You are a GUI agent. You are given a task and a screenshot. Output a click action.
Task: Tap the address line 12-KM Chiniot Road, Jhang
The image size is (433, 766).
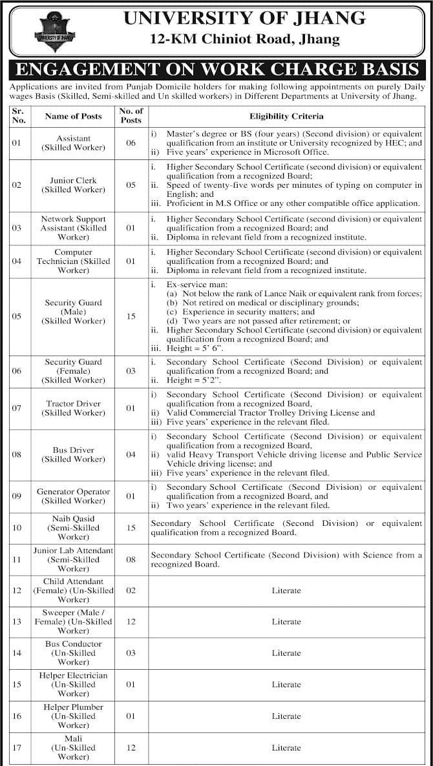click(x=244, y=40)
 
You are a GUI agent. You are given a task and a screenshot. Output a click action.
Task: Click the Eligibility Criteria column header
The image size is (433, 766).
click(x=286, y=116)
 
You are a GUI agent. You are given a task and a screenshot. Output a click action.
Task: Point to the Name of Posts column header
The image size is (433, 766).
click(x=73, y=116)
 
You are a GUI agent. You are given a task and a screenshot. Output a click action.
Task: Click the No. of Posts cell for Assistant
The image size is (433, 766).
click(x=131, y=143)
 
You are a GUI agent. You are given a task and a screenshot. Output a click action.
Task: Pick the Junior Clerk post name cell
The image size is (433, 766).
click(x=73, y=185)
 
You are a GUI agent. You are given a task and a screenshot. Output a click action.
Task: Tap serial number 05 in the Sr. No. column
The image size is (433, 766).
click(x=17, y=316)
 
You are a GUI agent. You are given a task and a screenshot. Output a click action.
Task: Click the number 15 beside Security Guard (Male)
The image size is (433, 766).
click(x=131, y=316)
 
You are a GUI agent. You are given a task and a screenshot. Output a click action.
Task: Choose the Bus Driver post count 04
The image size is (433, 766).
click(x=131, y=454)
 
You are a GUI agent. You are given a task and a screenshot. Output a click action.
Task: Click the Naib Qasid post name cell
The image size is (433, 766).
click(x=73, y=528)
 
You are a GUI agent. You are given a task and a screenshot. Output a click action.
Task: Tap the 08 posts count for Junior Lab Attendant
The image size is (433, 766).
click(x=131, y=559)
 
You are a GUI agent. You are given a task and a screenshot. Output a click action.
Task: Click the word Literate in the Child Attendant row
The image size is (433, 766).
click(x=286, y=590)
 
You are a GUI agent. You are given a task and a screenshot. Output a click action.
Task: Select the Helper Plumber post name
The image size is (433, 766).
click(x=73, y=716)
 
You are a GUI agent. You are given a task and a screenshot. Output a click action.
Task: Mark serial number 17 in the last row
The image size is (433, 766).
click(x=17, y=748)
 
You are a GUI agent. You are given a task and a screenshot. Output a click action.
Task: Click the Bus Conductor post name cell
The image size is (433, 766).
click(x=73, y=653)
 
